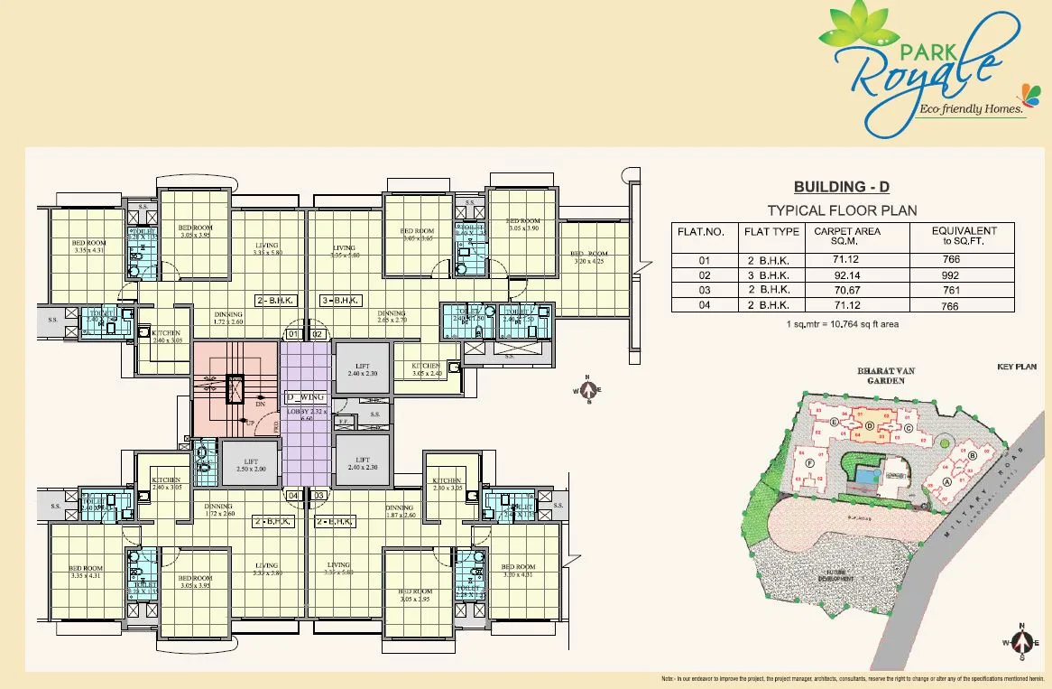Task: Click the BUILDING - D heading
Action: (841, 187)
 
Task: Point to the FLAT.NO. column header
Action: (701, 232)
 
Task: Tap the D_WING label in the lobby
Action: (305, 396)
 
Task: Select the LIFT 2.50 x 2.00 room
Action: (249, 463)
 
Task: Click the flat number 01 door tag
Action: (292, 334)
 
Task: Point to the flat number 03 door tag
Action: (318, 495)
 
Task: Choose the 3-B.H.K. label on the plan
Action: (341, 300)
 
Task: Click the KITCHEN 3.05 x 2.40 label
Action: (426, 369)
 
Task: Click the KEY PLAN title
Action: (1017, 368)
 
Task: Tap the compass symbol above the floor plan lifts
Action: (588, 390)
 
